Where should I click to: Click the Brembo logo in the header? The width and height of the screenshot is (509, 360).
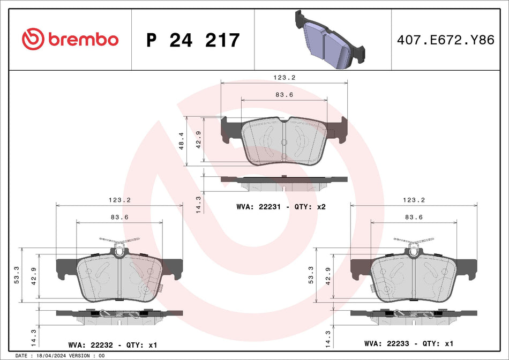pyautogui.click(x=70, y=39)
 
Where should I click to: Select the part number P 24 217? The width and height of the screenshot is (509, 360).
pyautogui.click(x=193, y=40)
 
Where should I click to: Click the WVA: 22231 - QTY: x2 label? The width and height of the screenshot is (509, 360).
pyautogui.click(x=281, y=207)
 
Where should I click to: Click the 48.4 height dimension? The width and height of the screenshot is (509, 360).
pyautogui.click(x=182, y=141)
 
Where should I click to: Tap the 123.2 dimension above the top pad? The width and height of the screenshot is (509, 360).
pyautogui.click(x=285, y=77)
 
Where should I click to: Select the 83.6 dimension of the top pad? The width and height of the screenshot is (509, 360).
pyautogui.click(x=284, y=94)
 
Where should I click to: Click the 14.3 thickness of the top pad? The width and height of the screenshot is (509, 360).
pyautogui.click(x=199, y=205)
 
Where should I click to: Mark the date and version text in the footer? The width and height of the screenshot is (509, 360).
pyautogui.click(x=60, y=356)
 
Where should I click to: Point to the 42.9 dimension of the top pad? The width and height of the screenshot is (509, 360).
pyautogui.click(x=199, y=140)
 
